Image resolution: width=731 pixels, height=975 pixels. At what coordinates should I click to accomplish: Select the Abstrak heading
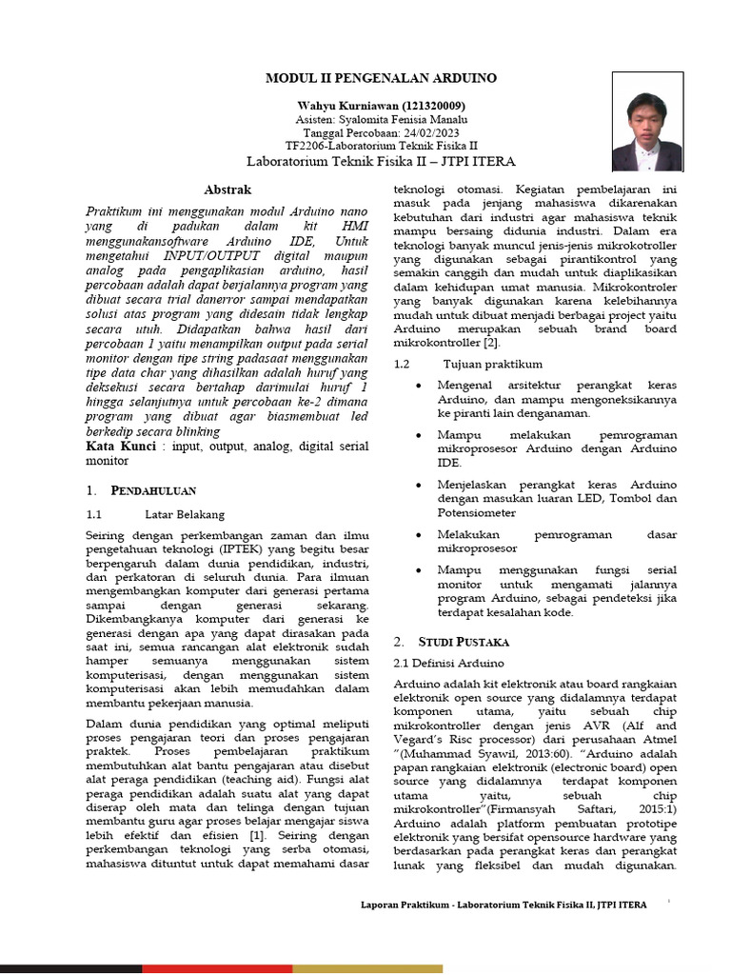click(x=228, y=190)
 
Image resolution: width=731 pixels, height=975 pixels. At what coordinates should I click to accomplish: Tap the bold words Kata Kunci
click(x=121, y=446)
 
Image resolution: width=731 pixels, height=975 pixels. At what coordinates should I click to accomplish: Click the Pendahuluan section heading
click(x=154, y=490)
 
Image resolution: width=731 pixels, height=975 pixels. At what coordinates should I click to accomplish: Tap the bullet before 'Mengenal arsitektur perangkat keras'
click(x=418, y=386)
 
